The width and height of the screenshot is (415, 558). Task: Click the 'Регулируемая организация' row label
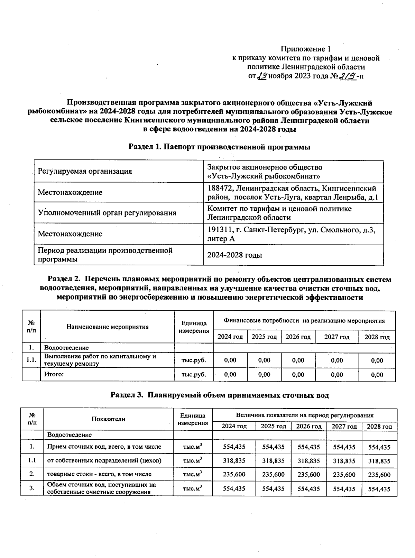pyautogui.click(x=85, y=171)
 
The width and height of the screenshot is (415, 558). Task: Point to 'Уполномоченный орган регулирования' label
pyautogui.click(x=107, y=213)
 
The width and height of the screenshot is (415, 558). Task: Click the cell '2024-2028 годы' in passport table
pyautogui.click(x=234, y=255)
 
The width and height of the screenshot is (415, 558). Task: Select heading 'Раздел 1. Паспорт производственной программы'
pyautogui.click(x=219, y=147)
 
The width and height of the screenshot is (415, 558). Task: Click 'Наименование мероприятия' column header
pyautogui.click(x=108, y=327)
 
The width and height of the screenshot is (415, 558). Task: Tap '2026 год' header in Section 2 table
pyautogui.click(x=298, y=337)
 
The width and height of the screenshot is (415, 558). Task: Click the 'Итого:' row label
pyautogui.click(x=54, y=374)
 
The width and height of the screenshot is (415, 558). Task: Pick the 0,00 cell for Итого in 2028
pyautogui.click(x=377, y=375)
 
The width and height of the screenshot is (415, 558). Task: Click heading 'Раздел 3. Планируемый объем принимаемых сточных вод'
pyautogui.click(x=219, y=395)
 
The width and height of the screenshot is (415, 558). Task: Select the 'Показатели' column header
pyautogui.click(x=108, y=419)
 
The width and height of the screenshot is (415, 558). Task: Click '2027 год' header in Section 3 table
pyautogui.click(x=344, y=426)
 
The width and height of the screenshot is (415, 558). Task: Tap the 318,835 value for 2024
pyautogui.click(x=234, y=461)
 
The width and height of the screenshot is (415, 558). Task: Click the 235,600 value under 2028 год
pyautogui.click(x=379, y=475)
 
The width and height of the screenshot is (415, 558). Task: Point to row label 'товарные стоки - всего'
pyautogui.click(x=99, y=474)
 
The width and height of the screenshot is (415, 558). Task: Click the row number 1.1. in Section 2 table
pyautogui.click(x=31, y=360)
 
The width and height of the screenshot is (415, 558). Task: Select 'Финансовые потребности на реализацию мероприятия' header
pyautogui.click(x=304, y=321)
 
